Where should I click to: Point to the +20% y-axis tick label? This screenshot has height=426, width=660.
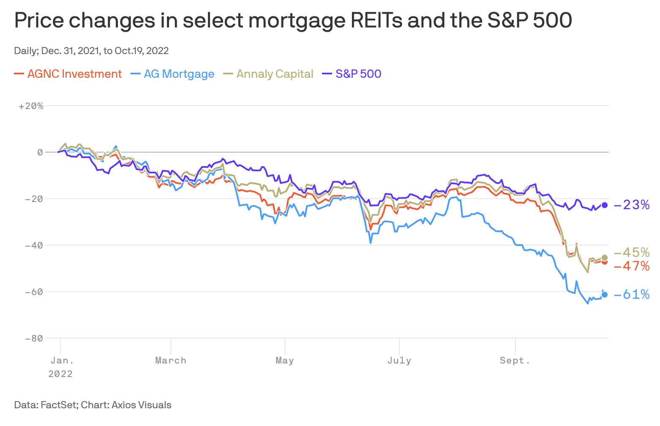[x=31, y=106]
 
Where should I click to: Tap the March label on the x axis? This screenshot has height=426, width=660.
[x=171, y=360]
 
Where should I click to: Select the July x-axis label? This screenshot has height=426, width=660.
[x=399, y=360]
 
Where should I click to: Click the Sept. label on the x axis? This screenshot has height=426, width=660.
[x=515, y=360]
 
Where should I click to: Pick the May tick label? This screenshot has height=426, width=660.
[x=285, y=360]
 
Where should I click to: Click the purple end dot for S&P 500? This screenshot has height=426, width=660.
[x=605, y=205]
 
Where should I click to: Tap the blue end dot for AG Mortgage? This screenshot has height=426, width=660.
[x=605, y=295]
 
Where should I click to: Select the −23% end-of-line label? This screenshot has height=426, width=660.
[x=632, y=205]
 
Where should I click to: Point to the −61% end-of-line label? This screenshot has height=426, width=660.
[x=632, y=295]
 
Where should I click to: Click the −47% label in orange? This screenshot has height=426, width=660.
[x=632, y=266]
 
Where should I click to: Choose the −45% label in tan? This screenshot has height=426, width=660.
[x=632, y=253]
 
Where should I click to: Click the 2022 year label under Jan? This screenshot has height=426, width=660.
[x=60, y=374]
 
